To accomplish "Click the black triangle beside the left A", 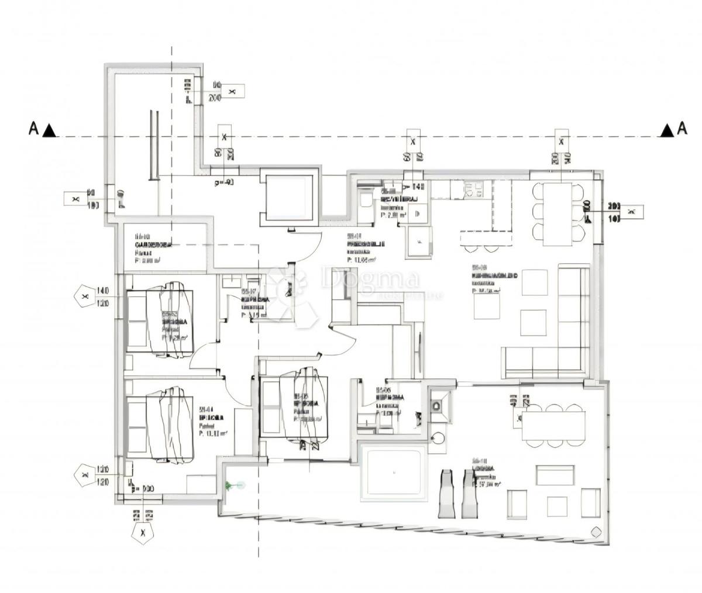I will tap(50, 130).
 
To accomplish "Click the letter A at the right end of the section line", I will tap(682, 129).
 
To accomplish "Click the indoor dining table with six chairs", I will tap(558, 213).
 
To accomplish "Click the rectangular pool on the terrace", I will tap(393, 473).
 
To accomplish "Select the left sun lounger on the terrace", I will tap(446, 494).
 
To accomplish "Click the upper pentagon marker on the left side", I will tap(85, 296).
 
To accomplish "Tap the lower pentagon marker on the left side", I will tap(84, 475).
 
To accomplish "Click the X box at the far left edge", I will tap(75, 199).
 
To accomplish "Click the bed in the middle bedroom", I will tap(303, 408).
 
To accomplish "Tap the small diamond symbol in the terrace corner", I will tap(597, 532).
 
